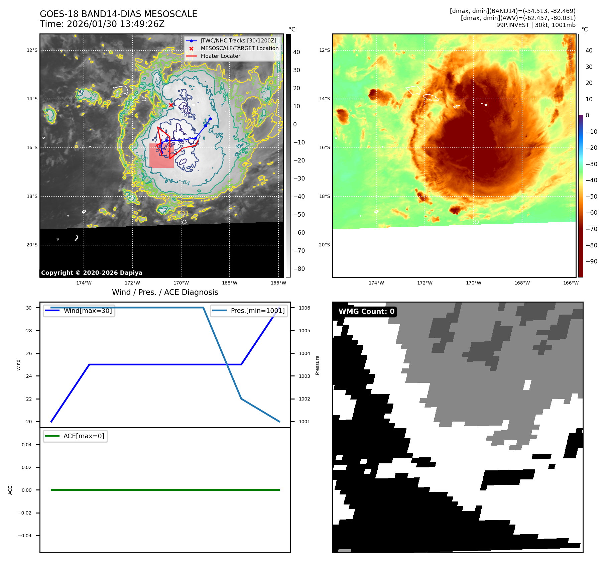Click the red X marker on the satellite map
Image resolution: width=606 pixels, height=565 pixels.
tap(171, 105)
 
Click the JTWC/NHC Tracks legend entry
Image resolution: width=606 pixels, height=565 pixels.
tap(238, 41)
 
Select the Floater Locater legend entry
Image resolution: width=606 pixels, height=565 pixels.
tap(220, 56)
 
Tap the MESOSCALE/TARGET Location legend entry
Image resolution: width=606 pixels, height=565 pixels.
tap(239, 48)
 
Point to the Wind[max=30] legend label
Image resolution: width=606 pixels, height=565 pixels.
tap(88, 311)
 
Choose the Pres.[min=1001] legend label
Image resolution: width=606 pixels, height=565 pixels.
tap(257, 311)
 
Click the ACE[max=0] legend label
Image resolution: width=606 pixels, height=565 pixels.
tap(84, 436)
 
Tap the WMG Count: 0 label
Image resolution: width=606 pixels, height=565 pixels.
tap(366, 312)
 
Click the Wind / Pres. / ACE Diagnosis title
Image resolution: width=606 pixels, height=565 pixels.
tap(165, 292)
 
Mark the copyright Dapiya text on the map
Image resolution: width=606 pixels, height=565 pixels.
tap(92, 273)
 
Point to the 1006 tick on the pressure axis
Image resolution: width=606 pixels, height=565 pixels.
tap(304, 308)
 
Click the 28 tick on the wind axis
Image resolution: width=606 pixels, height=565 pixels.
tap(29, 331)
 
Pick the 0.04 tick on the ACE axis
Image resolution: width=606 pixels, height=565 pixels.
tap(27, 445)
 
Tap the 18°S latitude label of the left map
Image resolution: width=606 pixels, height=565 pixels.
tap(32, 196)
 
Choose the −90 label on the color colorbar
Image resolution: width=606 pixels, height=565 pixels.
tap(591, 261)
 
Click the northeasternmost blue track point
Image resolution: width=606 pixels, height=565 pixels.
tap(210, 119)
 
